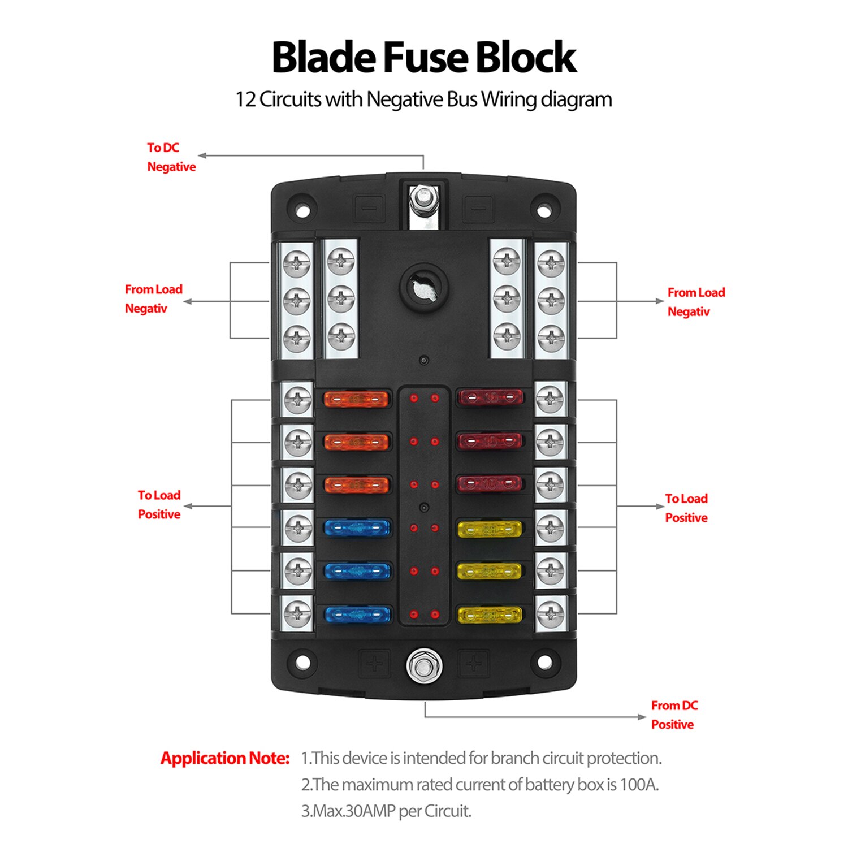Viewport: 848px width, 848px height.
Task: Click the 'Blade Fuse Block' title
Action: pyautogui.click(x=424, y=58)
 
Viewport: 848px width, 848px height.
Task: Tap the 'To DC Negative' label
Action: pyautogui.click(x=171, y=157)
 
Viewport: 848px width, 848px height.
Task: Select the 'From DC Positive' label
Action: pyautogui.click(x=674, y=715)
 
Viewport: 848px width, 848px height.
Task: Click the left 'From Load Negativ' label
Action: pyautogui.click(x=153, y=299)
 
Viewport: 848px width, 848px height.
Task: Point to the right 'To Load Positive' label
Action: pyautogui.click(x=686, y=508)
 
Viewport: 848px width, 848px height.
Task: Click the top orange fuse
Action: pyautogui.click(x=356, y=400)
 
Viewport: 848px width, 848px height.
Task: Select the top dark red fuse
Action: pyautogui.click(x=490, y=397)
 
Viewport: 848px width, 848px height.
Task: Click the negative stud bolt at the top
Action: pyautogui.click(x=423, y=198)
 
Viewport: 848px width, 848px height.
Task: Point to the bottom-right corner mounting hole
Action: pyautogui.click(x=544, y=662)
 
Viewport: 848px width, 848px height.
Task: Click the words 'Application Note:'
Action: pyautogui.click(x=225, y=758)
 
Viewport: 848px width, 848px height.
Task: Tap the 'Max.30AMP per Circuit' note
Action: pyautogui.click(x=386, y=811)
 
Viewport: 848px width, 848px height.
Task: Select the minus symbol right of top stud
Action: pyautogui.click(x=479, y=208)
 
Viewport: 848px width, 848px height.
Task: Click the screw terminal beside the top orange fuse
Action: pyautogui.click(x=298, y=400)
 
